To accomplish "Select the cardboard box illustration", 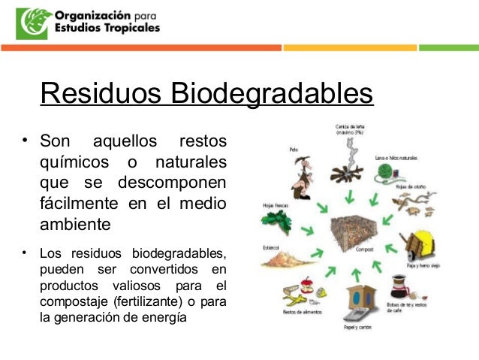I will click(351, 302).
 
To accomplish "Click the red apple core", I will click(306, 286).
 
